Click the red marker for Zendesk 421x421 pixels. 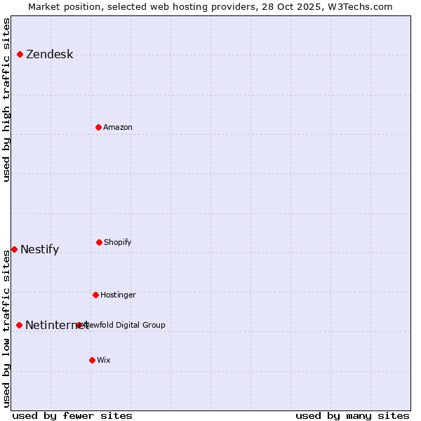pyautogui.click(x=20, y=54)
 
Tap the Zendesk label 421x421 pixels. pyautogui.click(x=49, y=55)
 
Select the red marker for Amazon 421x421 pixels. pyautogui.click(x=98, y=127)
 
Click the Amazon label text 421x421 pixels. pyautogui.click(x=118, y=127)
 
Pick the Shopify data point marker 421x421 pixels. pyautogui.click(x=99, y=242)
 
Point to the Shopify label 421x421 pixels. pyautogui.click(x=118, y=242)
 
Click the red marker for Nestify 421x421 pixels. pyautogui.click(x=14, y=249)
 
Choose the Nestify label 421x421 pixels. pyautogui.click(x=39, y=250)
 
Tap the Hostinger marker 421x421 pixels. pyautogui.click(x=95, y=295)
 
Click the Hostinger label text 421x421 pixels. pyautogui.click(x=118, y=295)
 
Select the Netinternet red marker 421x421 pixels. pyautogui.click(x=19, y=325)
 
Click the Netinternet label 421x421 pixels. pyautogui.click(x=49, y=325)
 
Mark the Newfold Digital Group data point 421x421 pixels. pyautogui.click(x=79, y=325)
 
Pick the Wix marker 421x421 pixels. pyautogui.click(x=92, y=360)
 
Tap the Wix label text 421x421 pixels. pyautogui.click(x=104, y=360)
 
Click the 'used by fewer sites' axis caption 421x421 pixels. pyautogui.click(x=72, y=415)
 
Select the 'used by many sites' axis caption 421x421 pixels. pyautogui.click(x=352, y=415)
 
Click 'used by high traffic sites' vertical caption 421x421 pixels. pyautogui.click(x=6, y=100)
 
